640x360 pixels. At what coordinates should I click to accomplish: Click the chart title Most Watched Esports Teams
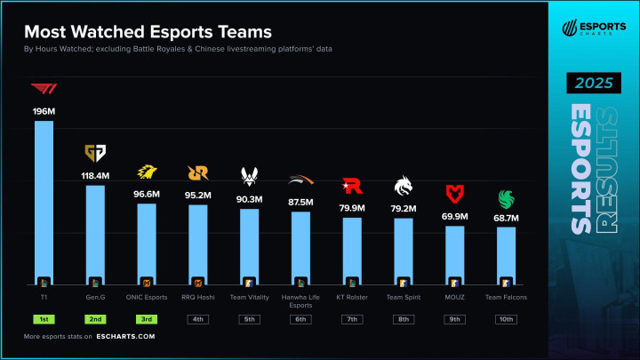coord(148,31)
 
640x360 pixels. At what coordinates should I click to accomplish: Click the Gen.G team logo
coord(94,152)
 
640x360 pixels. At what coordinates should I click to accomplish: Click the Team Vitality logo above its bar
coord(250,175)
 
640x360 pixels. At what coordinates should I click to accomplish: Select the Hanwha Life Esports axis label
coord(301,300)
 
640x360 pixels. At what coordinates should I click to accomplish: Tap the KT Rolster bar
coord(352,250)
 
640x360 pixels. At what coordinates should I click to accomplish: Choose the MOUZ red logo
coord(455,193)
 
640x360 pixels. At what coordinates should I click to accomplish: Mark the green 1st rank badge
coord(44,319)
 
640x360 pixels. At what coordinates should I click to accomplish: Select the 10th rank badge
coord(507,319)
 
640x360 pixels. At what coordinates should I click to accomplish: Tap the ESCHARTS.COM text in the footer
coord(125,337)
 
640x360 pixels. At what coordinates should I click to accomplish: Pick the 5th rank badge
coord(250,319)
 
